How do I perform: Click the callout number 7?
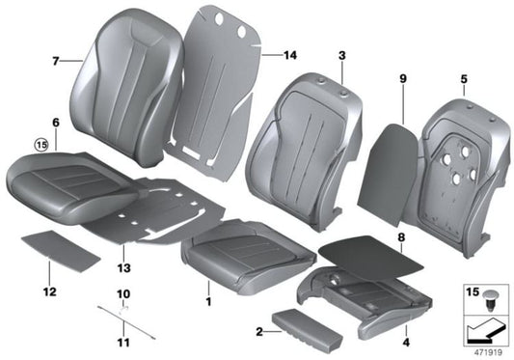55,61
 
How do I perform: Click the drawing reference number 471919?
486,350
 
